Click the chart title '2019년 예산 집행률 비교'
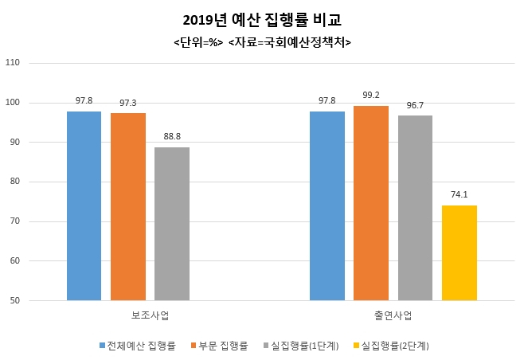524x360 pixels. [262, 21]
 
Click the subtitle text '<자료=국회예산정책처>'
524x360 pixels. [290, 42]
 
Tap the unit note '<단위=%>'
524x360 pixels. [198, 42]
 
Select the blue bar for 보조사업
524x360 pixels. [84, 206]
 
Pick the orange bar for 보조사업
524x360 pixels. [128, 207]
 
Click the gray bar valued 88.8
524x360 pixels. [172, 224]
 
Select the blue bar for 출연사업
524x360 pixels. [327, 206]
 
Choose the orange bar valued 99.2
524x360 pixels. [371, 203]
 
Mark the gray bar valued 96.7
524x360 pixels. [415, 208]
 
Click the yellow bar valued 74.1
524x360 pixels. [459, 252]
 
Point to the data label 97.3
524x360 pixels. [128, 103]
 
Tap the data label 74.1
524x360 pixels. [459, 194]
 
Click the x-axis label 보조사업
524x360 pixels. [150, 315]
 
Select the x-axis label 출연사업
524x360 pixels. [393, 315]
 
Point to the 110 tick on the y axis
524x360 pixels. [13, 62]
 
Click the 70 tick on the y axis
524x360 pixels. [14, 221]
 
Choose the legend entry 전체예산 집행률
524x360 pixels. [137, 346]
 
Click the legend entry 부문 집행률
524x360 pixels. [219, 346]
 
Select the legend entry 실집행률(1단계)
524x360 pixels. [301, 346]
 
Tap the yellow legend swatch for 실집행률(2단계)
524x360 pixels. [356, 346]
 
